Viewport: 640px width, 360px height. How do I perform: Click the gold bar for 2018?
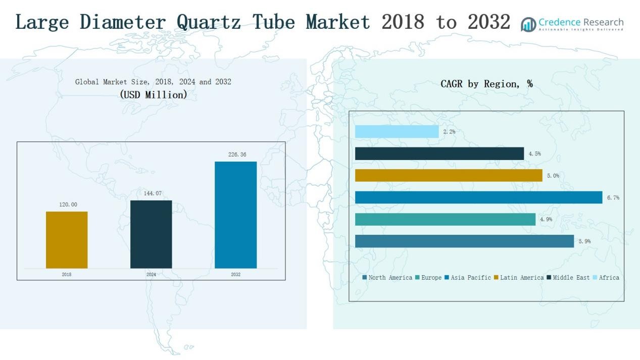pos(67,240)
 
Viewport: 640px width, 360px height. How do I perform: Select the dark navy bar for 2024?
pos(151,234)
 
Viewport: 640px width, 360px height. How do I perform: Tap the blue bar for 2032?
pos(235,215)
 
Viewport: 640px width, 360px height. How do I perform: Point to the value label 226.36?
pos(237,155)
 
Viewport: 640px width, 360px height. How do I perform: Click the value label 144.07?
pos(151,193)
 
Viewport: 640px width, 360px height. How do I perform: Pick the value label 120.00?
pos(68,204)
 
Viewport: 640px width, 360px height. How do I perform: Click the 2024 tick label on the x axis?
pos(151,275)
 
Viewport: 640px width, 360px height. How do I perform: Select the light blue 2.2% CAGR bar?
pos(397,132)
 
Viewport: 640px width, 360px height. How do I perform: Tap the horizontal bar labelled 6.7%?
pos(478,197)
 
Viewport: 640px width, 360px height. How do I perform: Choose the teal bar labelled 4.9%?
pos(445,220)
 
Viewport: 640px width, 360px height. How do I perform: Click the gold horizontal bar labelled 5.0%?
pos(449,176)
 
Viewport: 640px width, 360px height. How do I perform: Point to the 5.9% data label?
pos(584,241)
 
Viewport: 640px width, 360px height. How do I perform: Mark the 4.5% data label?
pos(534,153)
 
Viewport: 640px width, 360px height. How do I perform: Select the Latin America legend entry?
pos(521,278)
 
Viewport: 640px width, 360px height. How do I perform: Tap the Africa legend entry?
pos(608,278)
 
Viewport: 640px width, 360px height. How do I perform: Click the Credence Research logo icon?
pos(528,24)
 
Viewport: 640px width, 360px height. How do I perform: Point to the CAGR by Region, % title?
pos(486,84)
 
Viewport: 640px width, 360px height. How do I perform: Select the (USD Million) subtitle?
pos(154,94)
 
